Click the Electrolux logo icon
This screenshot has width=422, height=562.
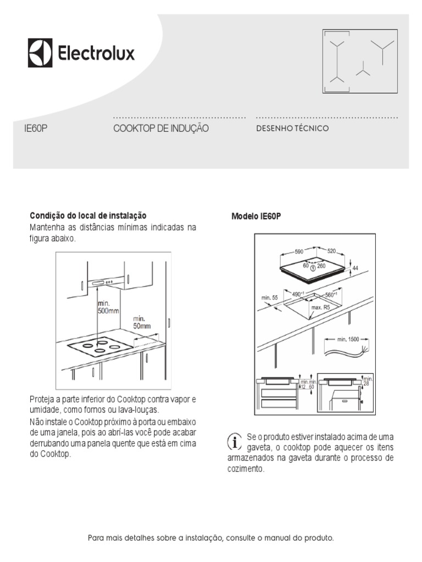(x=40, y=53)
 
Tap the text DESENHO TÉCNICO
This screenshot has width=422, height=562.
(x=292, y=128)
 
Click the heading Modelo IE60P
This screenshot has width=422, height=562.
(x=256, y=216)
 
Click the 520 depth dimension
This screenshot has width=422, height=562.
(x=331, y=251)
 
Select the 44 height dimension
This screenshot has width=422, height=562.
(x=355, y=268)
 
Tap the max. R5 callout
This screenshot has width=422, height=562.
(x=320, y=308)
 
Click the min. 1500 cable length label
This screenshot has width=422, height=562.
(x=349, y=339)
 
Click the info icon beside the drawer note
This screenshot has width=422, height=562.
(x=235, y=441)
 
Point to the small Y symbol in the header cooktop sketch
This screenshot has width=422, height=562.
(x=363, y=70)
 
